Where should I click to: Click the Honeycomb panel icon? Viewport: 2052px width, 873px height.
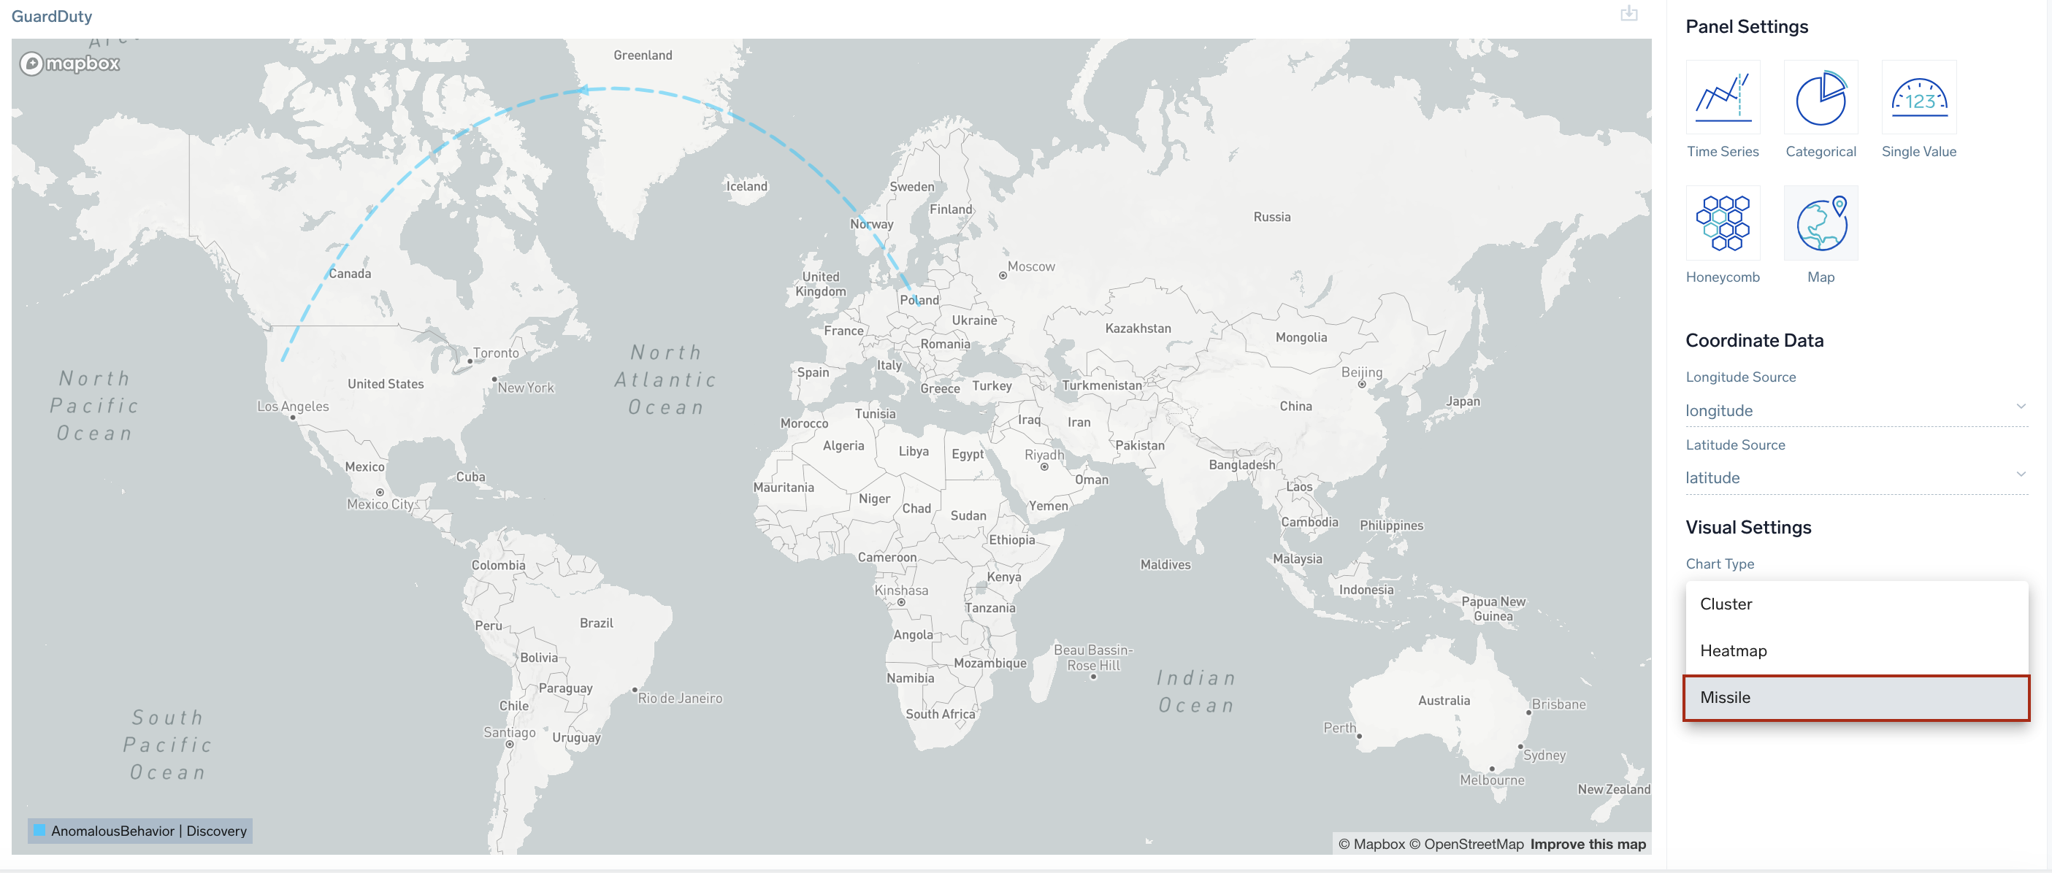click(x=1722, y=224)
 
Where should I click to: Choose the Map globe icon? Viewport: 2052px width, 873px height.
click(x=1821, y=224)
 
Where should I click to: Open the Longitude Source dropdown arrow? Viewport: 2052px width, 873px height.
click(x=2020, y=407)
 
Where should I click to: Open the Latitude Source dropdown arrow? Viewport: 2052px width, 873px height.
click(x=2020, y=474)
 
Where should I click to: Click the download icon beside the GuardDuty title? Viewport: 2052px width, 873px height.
click(x=1628, y=14)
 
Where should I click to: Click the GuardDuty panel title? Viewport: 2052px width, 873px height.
click(x=52, y=16)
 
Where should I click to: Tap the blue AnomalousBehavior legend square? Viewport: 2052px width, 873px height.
click(x=39, y=831)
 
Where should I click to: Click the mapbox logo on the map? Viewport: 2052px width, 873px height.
click(x=69, y=63)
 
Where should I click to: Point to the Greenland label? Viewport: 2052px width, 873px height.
click(x=642, y=55)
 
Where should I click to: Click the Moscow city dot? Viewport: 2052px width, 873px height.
click(x=1002, y=276)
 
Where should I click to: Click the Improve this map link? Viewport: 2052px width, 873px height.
click(x=1587, y=845)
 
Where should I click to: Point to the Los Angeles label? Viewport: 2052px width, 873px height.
click(x=292, y=407)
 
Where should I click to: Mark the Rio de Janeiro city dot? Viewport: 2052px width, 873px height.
click(x=634, y=690)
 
